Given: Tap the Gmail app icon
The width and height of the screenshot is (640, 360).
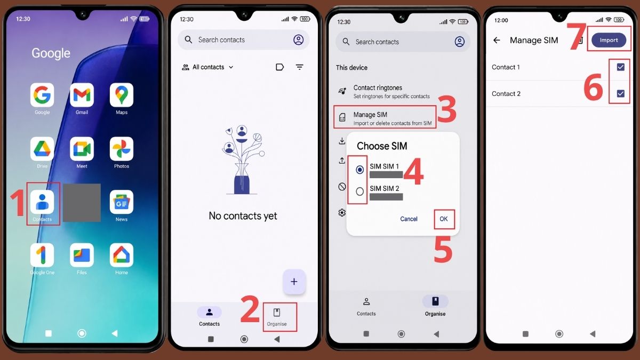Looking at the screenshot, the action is pos(82,95).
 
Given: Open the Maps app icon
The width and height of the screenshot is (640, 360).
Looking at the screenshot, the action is pos(122,95).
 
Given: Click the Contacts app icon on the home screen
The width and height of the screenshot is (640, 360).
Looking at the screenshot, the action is pos(42,202).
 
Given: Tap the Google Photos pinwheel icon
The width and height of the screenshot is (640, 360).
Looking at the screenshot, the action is pos(122,149).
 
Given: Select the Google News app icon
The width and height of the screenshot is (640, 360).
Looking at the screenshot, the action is pos(122,202).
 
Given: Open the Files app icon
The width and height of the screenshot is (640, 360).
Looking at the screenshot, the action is pos(82,255).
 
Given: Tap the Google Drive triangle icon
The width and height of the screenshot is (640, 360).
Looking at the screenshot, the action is pos(42,149).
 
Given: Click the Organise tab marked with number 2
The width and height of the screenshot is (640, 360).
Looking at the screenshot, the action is pos(277,317).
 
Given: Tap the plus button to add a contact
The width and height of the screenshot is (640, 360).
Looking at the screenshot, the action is pos(294,282).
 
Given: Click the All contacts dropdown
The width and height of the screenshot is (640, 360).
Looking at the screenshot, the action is pos(207,67).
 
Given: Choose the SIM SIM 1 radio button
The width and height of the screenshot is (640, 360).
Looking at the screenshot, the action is pos(359,170).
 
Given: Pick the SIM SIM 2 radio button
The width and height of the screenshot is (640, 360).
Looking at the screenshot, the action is pos(359,191).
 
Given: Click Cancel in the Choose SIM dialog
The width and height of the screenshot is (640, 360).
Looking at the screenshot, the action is pos(409,219).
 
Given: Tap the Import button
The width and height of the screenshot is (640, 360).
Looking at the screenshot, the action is pos(609,40).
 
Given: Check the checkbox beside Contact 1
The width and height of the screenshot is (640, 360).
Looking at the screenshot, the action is pos(620,67).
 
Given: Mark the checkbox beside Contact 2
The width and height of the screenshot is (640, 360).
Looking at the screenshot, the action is pos(620,94).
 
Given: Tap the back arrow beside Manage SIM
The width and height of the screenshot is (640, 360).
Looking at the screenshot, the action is pos(497,41).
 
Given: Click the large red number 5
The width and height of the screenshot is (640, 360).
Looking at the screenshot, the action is pos(443,250).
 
